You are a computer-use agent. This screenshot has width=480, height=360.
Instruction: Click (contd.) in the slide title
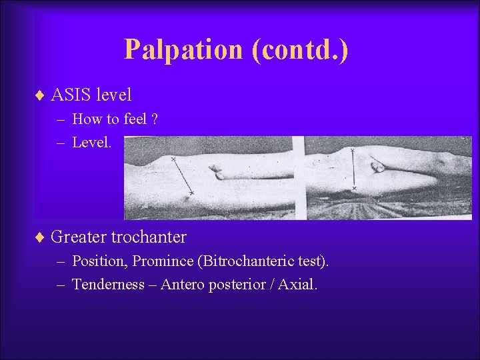pyautogui.click(x=300, y=50)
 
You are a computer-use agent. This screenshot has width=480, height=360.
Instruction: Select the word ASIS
pyautogui.click(x=71, y=95)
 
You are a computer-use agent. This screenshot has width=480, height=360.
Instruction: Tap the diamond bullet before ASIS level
pyautogui.click(x=39, y=95)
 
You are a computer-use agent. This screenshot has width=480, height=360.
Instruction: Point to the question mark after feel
pyautogui.click(x=154, y=120)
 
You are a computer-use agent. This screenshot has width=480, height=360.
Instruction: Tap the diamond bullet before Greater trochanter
pyautogui.click(x=39, y=237)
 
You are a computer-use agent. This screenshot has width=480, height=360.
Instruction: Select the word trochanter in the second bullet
pyautogui.click(x=149, y=237)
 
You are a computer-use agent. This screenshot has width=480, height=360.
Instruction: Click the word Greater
pyautogui.click(x=78, y=237)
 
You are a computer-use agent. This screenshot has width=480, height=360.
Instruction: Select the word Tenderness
pyautogui.click(x=108, y=285)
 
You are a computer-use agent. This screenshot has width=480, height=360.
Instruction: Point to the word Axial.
pyautogui.click(x=297, y=285)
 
